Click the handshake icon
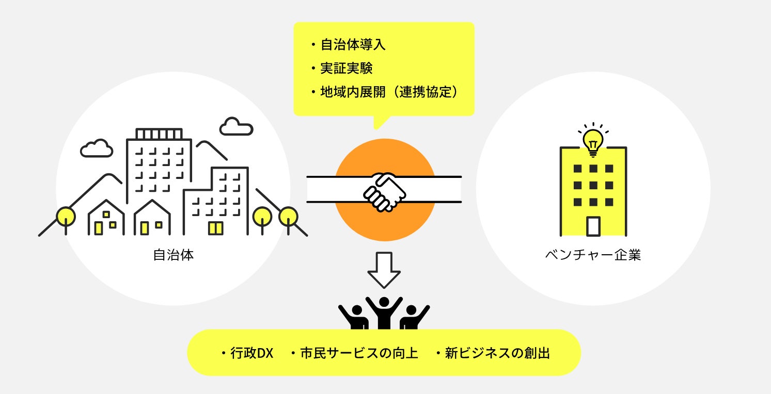tap(384, 191)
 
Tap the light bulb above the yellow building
tap(593, 140)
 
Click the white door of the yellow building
tap(593, 226)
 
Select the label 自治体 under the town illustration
tap(174, 255)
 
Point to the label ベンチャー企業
tap(593, 255)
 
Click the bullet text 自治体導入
tap(353, 45)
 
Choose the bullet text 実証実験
tap(347, 69)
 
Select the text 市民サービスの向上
tap(358, 354)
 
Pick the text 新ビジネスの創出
tap(497, 354)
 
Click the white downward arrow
tap(384, 269)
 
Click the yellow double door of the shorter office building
tap(215, 228)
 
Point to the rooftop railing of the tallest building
tap(159, 134)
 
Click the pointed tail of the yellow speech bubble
tap(380, 123)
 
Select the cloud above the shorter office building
tap(236, 127)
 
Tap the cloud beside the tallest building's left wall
tap(97, 149)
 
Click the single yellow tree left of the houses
tap(66, 217)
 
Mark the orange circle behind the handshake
tap(385, 155)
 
